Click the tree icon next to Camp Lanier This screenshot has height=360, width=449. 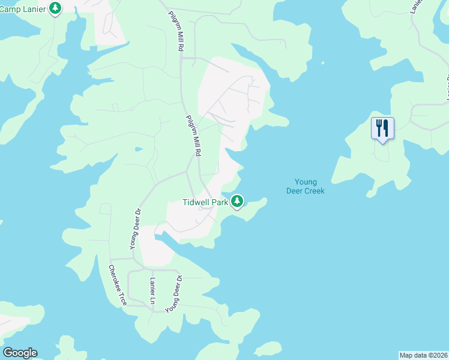(x=55, y=8)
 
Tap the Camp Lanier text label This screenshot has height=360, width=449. (x=24, y=7)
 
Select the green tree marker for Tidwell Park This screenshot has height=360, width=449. (x=238, y=201)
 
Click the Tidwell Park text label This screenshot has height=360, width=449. (x=205, y=202)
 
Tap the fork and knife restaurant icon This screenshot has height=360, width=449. (x=382, y=128)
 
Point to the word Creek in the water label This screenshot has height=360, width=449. (x=313, y=191)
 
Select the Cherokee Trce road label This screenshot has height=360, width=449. (x=118, y=285)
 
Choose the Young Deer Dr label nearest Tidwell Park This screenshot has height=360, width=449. (x=135, y=228)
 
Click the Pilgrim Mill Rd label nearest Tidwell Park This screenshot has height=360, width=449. (x=192, y=136)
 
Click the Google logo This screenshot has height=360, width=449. (x=20, y=353)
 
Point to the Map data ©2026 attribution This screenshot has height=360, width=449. (x=423, y=355)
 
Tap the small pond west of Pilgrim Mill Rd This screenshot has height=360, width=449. (x=139, y=149)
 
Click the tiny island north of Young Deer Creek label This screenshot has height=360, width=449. (x=323, y=62)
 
